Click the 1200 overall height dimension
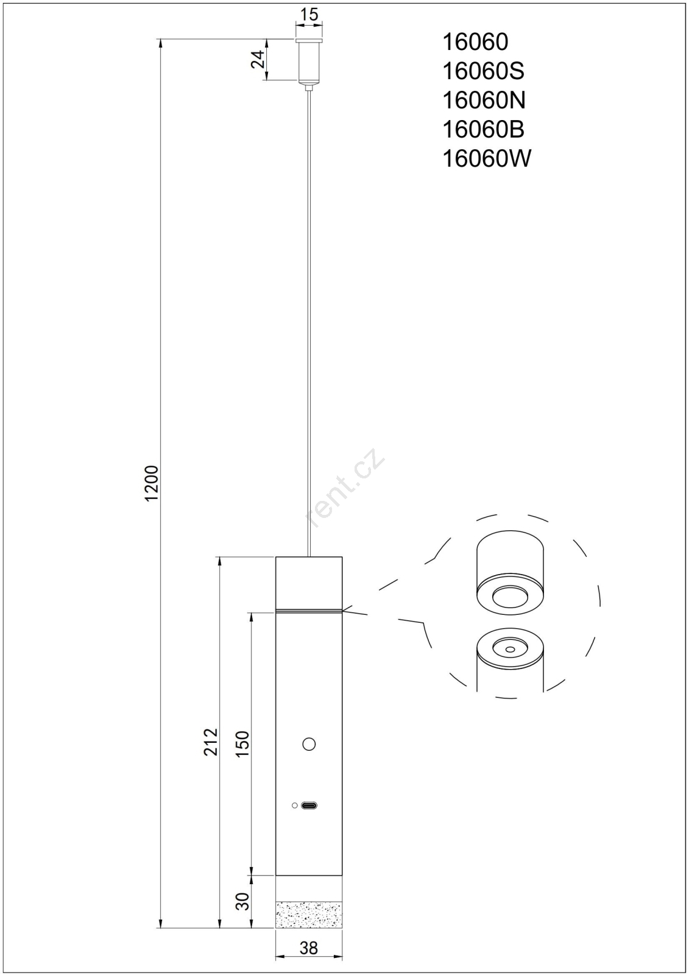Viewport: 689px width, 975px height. click(152, 484)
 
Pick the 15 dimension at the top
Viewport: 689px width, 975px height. click(309, 15)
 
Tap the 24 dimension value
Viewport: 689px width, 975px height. click(258, 59)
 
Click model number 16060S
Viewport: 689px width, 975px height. click(483, 71)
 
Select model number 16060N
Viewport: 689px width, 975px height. click(484, 101)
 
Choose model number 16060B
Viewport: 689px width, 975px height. click(483, 130)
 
